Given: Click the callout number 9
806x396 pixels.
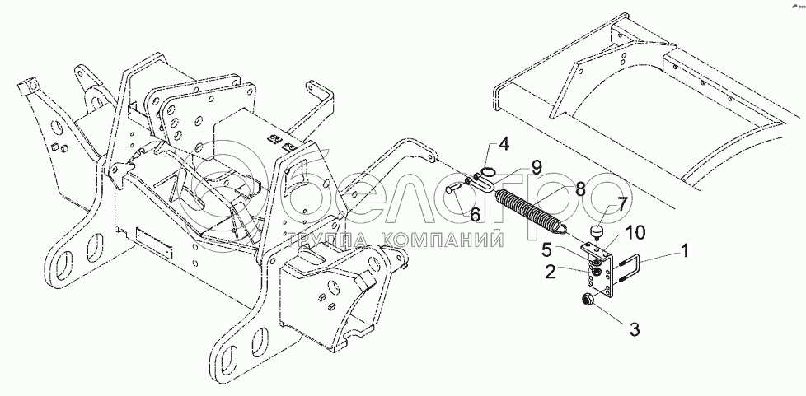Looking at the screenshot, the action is (x=536, y=166).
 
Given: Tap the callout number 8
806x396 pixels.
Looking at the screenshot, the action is (x=580, y=189).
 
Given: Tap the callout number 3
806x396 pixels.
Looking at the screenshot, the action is (x=634, y=330).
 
